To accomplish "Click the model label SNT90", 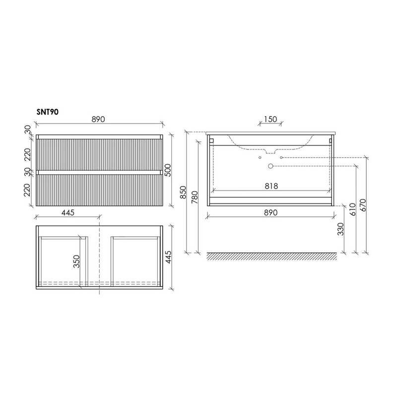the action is (x=48, y=112).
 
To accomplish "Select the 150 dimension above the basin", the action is (x=270, y=119).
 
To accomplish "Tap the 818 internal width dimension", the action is (x=271, y=186).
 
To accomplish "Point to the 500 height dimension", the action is (x=168, y=170).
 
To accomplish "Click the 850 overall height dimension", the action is (x=183, y=193).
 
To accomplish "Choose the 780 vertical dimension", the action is (x=195, y=198).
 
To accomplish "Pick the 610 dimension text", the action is (x=353, y=209).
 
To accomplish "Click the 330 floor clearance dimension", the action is (x=341, y=229).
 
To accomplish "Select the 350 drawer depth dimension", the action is (x=76, y=262).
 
